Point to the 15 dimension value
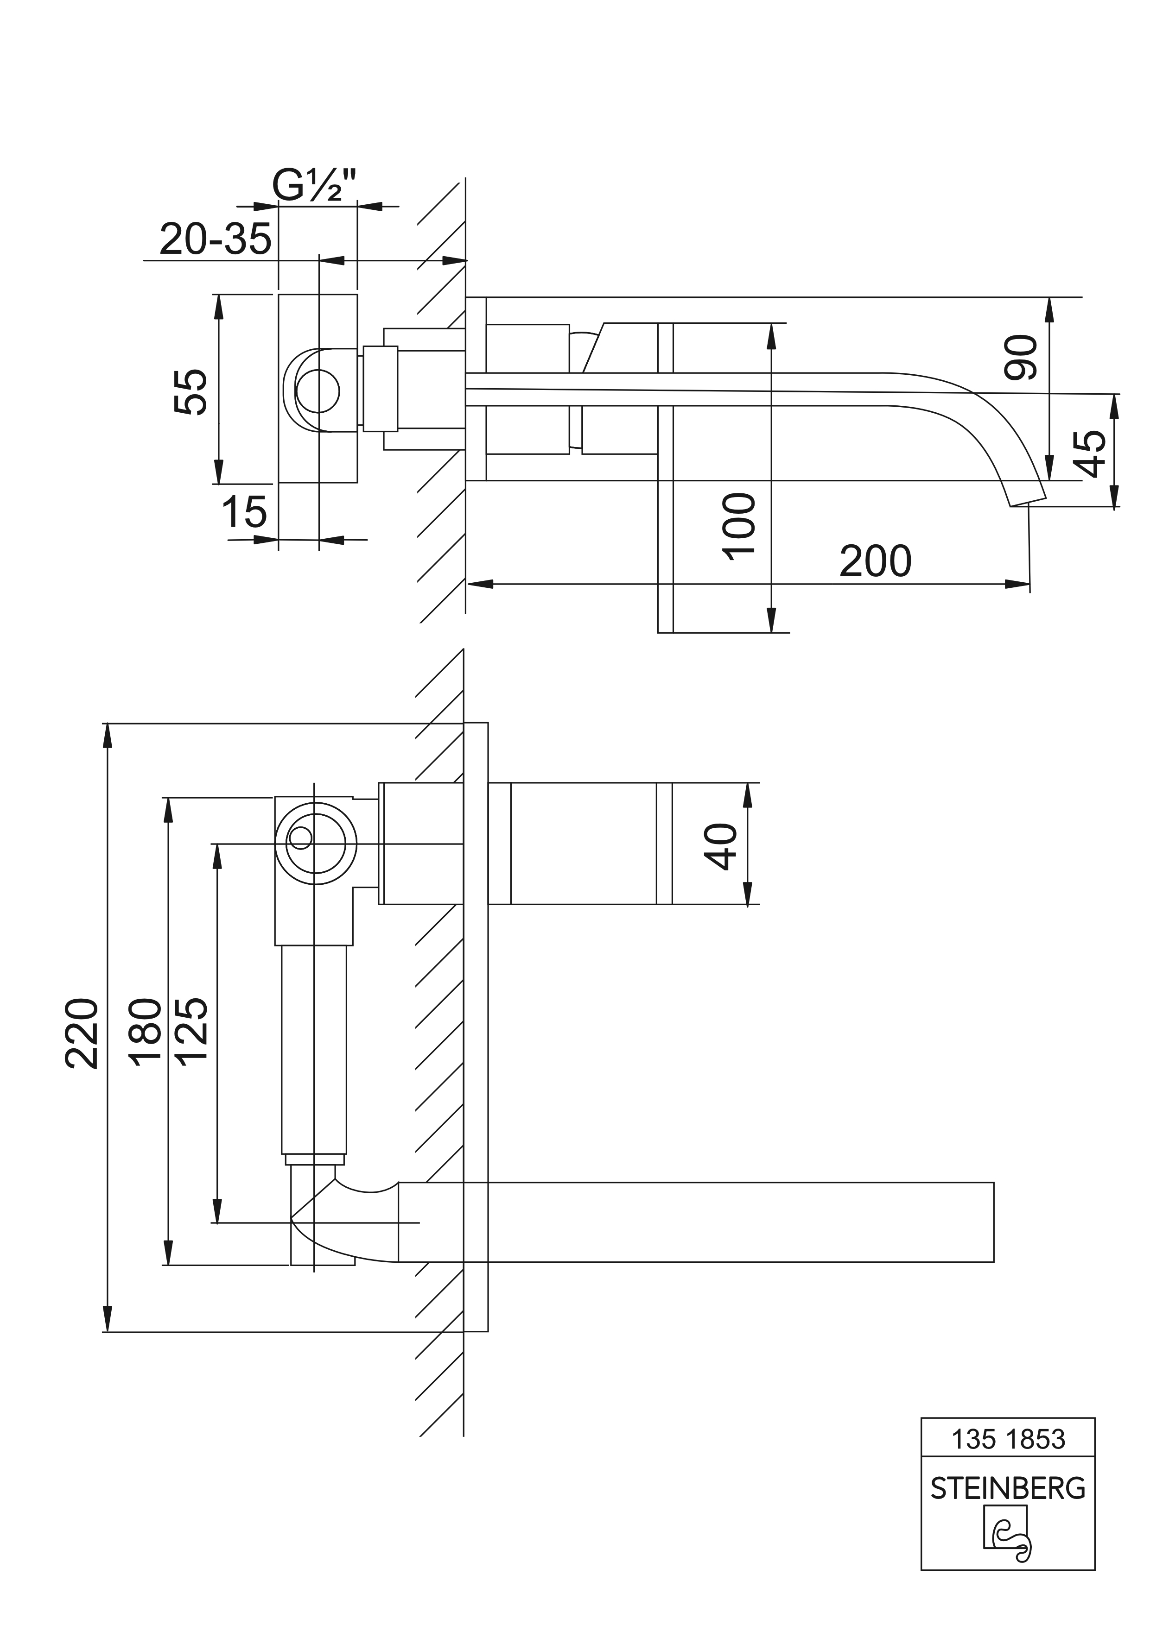(x=244, y=512)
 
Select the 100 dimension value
(x=741, y=527)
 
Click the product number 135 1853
(x=1008, y=1459)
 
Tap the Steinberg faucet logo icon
(x=1008, y=1545)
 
